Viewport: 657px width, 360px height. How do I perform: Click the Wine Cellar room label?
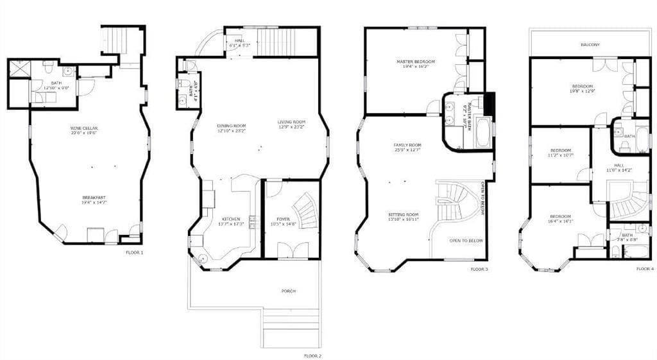pyautogui.click(x=84, y=128)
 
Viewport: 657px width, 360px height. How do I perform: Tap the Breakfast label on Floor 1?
pyautogui.click(x=93, y=197)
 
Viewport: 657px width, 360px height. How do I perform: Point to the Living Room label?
pyautogui.click(x=291, y=122)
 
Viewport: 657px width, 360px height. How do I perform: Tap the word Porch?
pyautogui.click(x=289, y=291)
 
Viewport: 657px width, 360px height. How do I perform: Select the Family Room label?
pyautogui.click(x=407, y=145)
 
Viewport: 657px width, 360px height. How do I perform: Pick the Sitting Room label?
pyautogui.click(x=403, y=214)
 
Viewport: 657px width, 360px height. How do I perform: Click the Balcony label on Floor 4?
pyautogui.click(x=590, y=44)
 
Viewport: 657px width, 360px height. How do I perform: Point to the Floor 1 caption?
pyautogui.click(x=134, y=253)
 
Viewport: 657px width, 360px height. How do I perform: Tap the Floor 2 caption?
pyautogui.click(x=312, y=355)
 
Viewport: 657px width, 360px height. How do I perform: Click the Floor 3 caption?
pyautogui.click(x=479, y=269)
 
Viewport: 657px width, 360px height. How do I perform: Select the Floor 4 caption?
pyautogui.click(x=645, y=269)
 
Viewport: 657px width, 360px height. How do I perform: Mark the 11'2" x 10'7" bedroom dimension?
pyautogui.click(x=560, y=155)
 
